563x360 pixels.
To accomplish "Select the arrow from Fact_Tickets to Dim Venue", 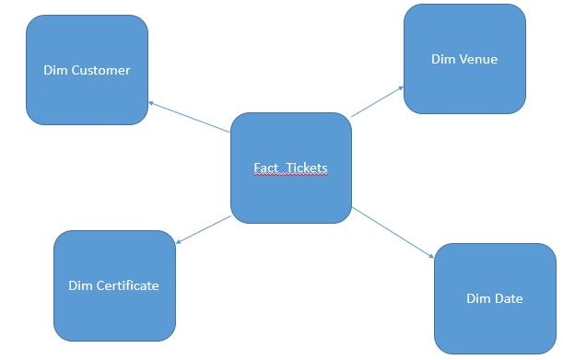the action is tap(378, 101).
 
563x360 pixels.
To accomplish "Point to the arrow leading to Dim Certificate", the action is tap(203, 230).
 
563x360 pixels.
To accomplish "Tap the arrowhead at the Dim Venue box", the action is tap(400, 88).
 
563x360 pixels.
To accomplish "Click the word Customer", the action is tap(100, 70).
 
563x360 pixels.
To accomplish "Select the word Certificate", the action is tap(126, 285).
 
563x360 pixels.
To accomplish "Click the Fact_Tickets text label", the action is tap(290, 168).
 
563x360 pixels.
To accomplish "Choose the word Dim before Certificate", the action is tap(80, 285).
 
